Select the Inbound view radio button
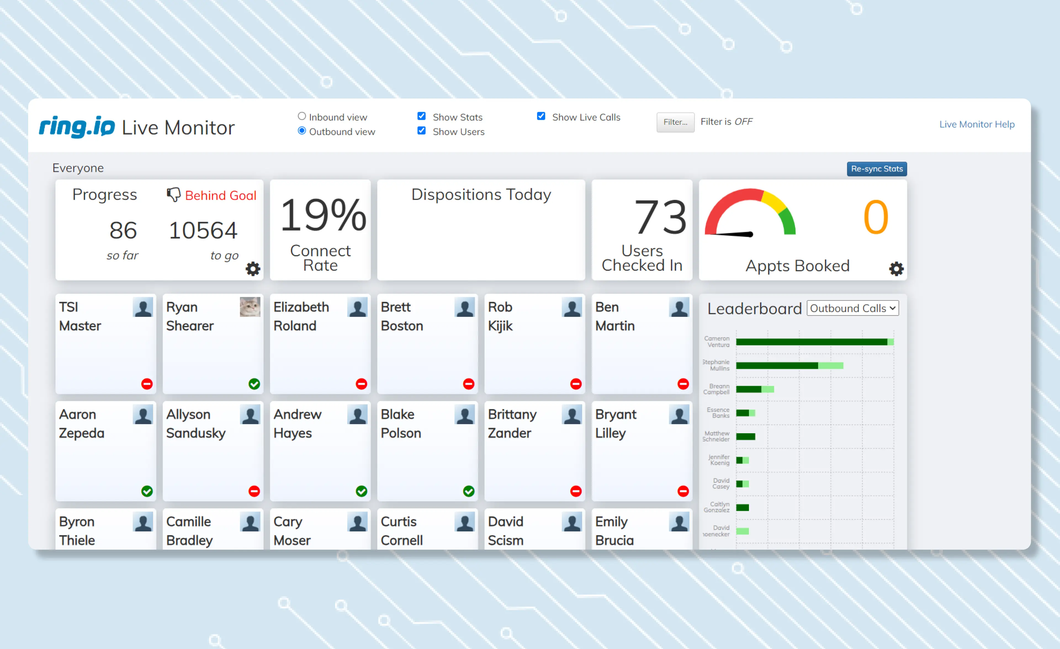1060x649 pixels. tap(301, 116)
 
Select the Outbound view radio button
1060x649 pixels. tap(301, 131)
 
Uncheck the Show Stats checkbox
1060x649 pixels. tap(422, 116)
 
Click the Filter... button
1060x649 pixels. tap(675, 122)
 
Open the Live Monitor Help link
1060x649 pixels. tap(977, 124)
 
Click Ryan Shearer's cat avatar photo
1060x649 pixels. tap(250, 307)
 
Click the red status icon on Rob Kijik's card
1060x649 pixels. tap(576, 384)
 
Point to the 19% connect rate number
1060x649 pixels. tap(323, 215)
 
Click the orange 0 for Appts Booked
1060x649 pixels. tap(875, 217)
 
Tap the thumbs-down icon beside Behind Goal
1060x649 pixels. tap(173, 195)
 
